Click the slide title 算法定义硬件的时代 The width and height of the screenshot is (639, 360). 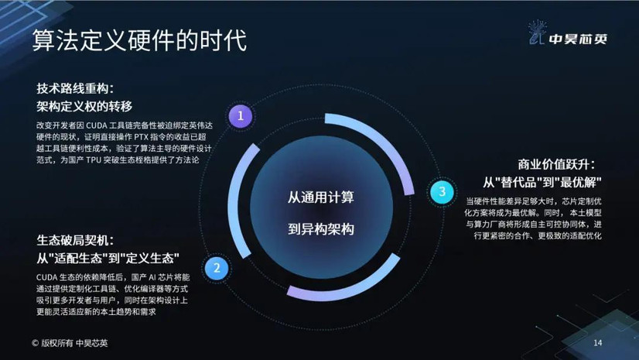[139, 40]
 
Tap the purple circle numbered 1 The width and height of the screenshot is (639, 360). [240, 116]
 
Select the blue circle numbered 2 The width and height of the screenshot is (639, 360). [217, 268]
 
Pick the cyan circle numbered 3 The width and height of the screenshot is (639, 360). [443, 191]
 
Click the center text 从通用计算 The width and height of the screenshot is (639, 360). [321, 197]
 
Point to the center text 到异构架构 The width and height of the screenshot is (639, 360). [321, 228]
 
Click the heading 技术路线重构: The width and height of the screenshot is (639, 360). [75, 88]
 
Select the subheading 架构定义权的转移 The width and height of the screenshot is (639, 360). [84, 106]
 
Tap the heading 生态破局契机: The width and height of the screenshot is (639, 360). [75, 240]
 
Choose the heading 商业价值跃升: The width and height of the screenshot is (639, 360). [557, 164]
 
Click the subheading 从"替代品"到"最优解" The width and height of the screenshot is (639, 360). [542, 182]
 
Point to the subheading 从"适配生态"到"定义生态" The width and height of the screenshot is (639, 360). [108, 258]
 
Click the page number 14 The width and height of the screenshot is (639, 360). [597, 342]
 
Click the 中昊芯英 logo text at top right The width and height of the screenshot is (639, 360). [578, 39]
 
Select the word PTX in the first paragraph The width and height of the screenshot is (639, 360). [142, 137]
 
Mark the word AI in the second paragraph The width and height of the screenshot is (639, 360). [152, 278]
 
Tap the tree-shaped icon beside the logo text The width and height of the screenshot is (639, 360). [536, 32]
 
